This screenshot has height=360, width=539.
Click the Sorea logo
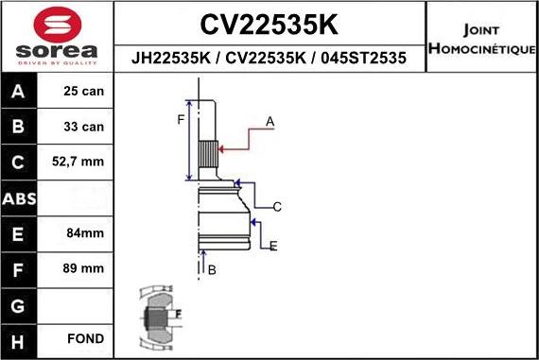click(x=57, y=38)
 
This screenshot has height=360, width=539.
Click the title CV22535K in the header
click(x=269, y=23)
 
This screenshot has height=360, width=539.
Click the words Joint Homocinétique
click(x=482, y=38)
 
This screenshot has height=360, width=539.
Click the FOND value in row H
click(x=85, y=338)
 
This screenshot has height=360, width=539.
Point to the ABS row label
click(x=20, y=198)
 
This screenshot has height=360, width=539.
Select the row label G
click(x=20, y=304)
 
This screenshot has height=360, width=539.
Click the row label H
click(x=20, y=338)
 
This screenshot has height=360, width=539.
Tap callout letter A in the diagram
click(x=269, y=122)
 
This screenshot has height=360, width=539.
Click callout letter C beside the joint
click(x=278, y=207)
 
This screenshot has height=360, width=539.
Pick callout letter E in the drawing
click(x=273, y=247)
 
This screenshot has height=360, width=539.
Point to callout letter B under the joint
click(x=212, y=270)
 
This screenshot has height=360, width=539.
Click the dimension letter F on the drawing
click(x=181, y=119)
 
